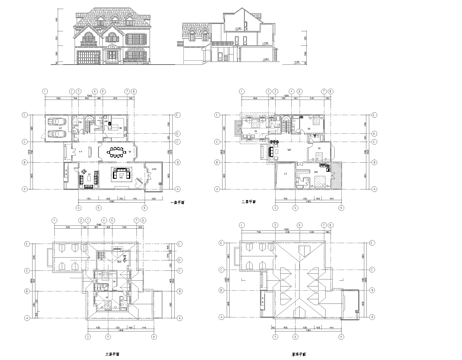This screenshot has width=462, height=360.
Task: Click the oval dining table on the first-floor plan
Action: (x=116, y=153)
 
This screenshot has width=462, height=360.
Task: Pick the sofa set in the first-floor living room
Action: (x=125, y=176)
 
